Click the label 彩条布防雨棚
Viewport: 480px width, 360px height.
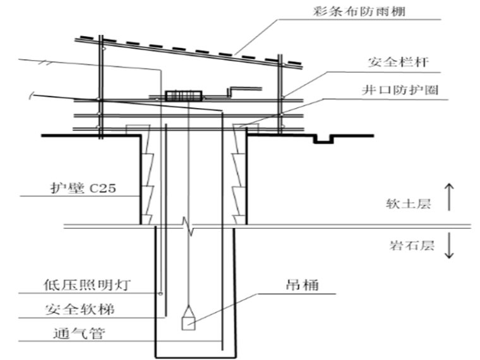tap(359, 11)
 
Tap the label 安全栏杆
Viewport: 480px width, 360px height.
tap(398, 62)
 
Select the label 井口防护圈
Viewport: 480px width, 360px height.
tap(400, 90)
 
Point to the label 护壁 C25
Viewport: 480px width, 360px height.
tap(83, 188)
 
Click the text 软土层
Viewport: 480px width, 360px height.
tap(409, 203)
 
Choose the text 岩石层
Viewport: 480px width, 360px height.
tap(412, 246)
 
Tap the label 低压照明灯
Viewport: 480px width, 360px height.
tap(87, 285)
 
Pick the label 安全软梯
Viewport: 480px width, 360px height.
tap(80, 309)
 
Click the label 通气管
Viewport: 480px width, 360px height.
tap(79, 333)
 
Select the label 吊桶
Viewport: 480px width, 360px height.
tap(302, 285)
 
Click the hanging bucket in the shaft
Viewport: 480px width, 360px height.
tap(189, 318)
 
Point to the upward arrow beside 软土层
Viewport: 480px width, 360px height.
tap(449, 197)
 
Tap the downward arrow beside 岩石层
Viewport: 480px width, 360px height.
tap(449, 245)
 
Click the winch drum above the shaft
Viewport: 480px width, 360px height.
tap(184, 96)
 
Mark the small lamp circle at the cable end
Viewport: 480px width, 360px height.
tap(160, 294)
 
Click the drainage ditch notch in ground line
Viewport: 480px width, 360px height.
tap(323, 139)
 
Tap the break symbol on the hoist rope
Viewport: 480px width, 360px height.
tap(188, 227)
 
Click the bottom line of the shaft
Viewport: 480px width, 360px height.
tap(196, 357)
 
